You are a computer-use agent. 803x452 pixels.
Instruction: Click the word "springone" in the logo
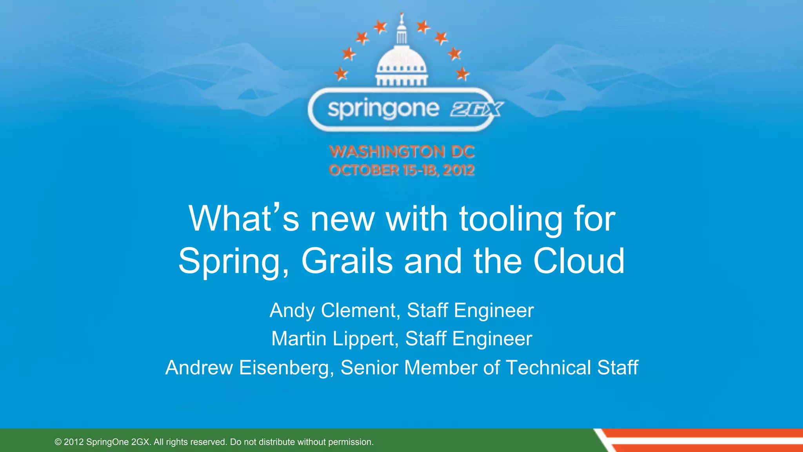[x=383, y=109]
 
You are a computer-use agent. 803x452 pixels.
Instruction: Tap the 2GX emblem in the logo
[x=476, y=109]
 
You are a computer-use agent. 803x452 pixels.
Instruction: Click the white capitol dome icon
[x=401, y=63]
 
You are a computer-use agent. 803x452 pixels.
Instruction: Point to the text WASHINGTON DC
[x=402, y=151]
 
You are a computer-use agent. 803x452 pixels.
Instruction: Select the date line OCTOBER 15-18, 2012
[x=402, y=170]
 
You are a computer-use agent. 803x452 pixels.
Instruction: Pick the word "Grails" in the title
[x=347, y=261]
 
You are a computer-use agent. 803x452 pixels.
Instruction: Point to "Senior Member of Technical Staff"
[x=489, y=368]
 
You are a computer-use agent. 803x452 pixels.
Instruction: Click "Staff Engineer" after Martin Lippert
[x=469, y=339]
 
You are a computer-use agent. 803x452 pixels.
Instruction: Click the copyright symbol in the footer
[x=58, y=442]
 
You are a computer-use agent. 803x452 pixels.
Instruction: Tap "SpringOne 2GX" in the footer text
[x=118, y=442]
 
